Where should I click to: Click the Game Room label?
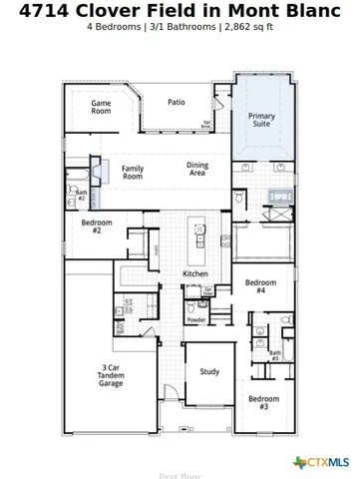(101, 107)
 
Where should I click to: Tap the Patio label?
(176, 102)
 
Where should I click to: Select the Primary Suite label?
(261, 121)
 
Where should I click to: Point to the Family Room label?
(133, 173)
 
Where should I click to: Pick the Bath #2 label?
(82, 197)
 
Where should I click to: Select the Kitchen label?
(194, 273)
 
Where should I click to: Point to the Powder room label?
(196, 319)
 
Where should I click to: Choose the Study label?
(209, 372)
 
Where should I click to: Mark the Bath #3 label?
(274, 354)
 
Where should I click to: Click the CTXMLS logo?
(321, 462)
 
